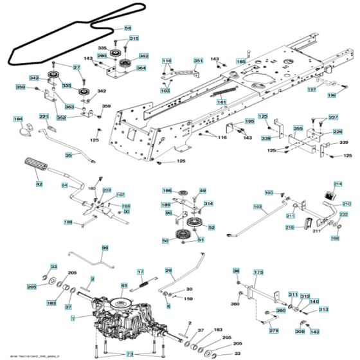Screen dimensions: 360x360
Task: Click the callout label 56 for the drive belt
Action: click(127, 28)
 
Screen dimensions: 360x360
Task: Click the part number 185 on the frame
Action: click(240, 62)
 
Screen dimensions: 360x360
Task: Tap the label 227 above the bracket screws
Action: click(332, 117)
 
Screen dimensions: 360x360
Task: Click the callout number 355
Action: click(298, 129)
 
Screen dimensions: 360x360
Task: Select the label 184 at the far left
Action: click(18, 119)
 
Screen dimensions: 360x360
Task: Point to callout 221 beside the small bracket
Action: click(44, 116)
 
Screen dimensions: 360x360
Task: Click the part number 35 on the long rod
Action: click(69, 155)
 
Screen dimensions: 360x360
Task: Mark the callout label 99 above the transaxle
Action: click(105, 248)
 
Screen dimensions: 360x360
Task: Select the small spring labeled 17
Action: click(141, 272)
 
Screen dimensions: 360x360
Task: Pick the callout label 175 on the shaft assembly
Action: click(258, 273)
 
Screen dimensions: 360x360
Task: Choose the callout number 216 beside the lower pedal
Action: click(289, 228)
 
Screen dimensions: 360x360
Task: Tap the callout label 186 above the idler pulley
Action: click(167, 191)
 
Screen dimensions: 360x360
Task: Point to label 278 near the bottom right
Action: click(274, 330)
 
